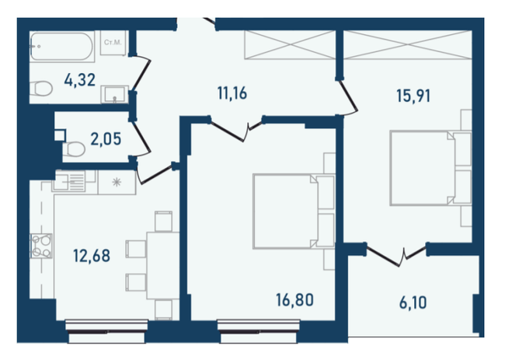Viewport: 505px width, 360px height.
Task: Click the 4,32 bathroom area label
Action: pyautogui.click(x=80, y=80)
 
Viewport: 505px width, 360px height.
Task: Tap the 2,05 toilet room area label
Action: pyautogui.click(x=106, y=139)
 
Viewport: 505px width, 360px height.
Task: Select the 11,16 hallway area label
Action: pyautogui.click(x=232, y=93)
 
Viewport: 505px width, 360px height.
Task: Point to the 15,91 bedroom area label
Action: pyautogui.click(x=413, y=96)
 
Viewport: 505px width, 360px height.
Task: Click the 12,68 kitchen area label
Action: pyautogui.click(x=92, y=256)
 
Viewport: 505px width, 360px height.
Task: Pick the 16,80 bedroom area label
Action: pyautogui.click(x=294, y=300)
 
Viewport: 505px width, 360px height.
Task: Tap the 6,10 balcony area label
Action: pyautogui.click(x=413, y=302)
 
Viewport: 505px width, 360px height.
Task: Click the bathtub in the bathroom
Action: pyautogui.click(x=62, y=47)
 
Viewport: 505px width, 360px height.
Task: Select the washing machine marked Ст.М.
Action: pyautogui.click(x=113, y=43)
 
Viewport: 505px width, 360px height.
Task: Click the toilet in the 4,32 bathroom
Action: pyautogui.click(x=41, y=89)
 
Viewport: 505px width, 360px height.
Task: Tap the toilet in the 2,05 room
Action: pyautogui.click(x=74, y=149)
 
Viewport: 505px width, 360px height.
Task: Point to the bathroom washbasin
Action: pyautogui.click(x=115, y=94)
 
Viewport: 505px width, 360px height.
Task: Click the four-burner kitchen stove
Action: pyautogui.click(x=41, y=246)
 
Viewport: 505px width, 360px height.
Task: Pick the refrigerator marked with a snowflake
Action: pyautogui.click(x=117, y=183)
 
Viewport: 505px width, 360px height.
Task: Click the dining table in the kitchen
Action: pyautogui.click(x=163, y=265)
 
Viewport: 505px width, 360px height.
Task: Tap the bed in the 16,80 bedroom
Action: pyautogui.click(x=294, y=211)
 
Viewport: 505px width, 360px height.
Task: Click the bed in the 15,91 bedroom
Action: pyautogui.click(x=430, y=168)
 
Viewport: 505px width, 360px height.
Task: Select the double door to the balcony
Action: pyautogui.click(x=397, y=254)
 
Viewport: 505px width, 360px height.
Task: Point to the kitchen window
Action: pyautogui.click(x=106, y=331)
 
